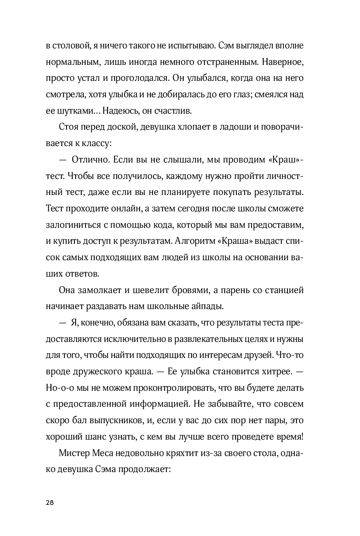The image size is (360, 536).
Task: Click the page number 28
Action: pos(49,502)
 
